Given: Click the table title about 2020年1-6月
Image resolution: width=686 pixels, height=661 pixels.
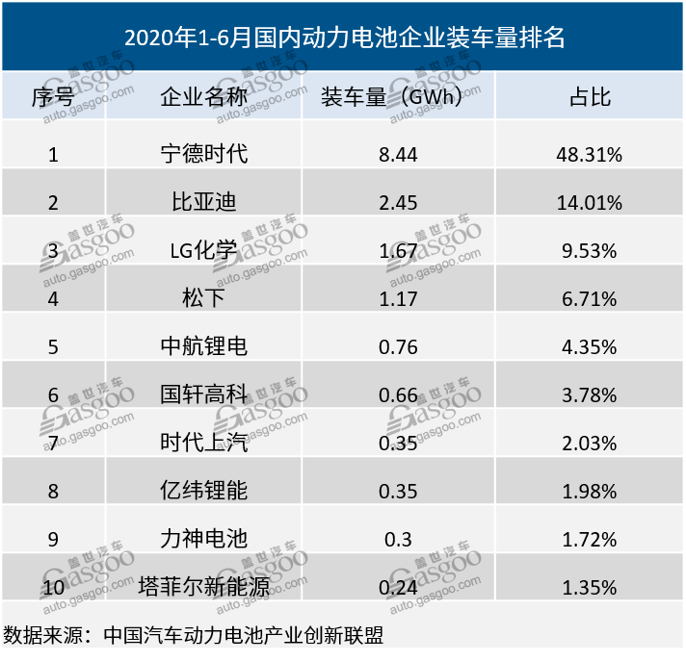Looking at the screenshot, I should (344, 38).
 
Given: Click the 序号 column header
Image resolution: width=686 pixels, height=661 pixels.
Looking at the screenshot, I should (52, 97).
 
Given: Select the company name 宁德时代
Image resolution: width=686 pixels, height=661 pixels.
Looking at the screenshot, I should (203, 154).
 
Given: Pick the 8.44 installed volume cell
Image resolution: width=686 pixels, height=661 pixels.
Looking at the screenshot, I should (399, 154).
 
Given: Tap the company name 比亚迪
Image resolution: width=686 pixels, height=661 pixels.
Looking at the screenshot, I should (203, 202).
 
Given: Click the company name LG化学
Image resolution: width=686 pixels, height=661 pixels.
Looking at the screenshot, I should (203, 251).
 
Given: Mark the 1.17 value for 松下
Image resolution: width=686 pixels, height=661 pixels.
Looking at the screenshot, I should (399, 299).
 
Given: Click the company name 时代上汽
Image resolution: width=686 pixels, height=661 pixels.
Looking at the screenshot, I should (203, 443).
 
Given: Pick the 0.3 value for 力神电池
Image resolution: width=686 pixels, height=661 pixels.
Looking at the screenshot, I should (399, 539).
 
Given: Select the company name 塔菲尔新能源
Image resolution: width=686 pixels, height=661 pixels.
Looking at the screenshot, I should (203, 587).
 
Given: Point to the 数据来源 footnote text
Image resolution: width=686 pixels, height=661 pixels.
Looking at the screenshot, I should (198, 636).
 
